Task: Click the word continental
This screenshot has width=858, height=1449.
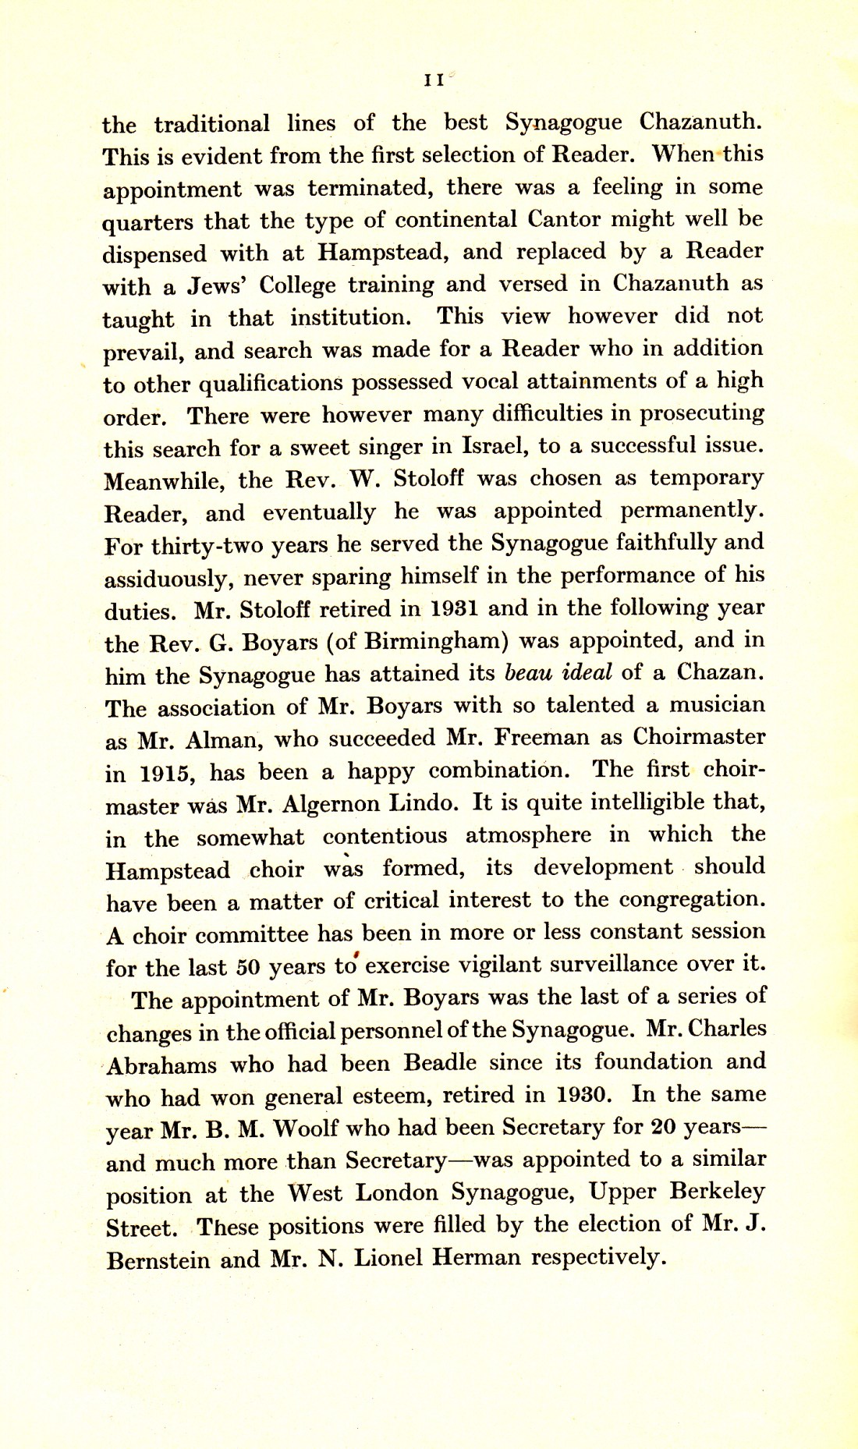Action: coord(456,220)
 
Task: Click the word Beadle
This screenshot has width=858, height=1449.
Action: coord(440,1063)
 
